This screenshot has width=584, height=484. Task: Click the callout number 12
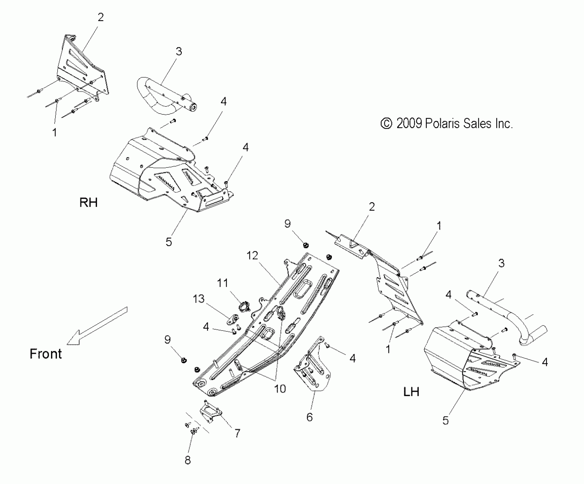252,255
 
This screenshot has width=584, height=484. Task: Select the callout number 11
222,283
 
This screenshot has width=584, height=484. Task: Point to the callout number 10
280,389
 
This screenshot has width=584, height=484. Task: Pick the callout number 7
237,433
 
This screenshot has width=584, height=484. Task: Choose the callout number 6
310,417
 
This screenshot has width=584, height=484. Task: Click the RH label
88,202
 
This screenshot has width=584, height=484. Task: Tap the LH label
411,392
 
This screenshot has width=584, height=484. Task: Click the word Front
46,354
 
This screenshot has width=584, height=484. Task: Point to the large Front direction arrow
97,326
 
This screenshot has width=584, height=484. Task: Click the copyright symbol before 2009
386,124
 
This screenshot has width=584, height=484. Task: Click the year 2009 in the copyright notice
409,124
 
